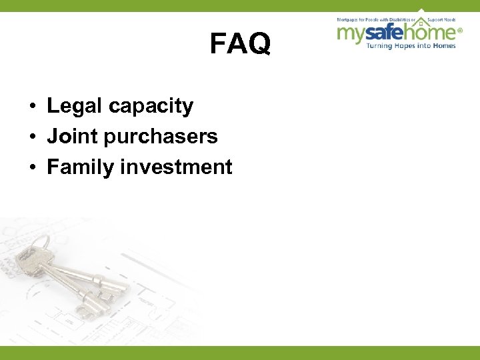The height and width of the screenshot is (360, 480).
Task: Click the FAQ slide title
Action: (240, 45)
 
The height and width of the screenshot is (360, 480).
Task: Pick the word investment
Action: (176, 167)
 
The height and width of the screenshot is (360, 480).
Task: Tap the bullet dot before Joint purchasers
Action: (32, 137)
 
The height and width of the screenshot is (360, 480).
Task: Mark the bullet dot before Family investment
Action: (32, 167)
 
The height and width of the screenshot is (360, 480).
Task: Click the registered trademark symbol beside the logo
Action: (459, 30)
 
